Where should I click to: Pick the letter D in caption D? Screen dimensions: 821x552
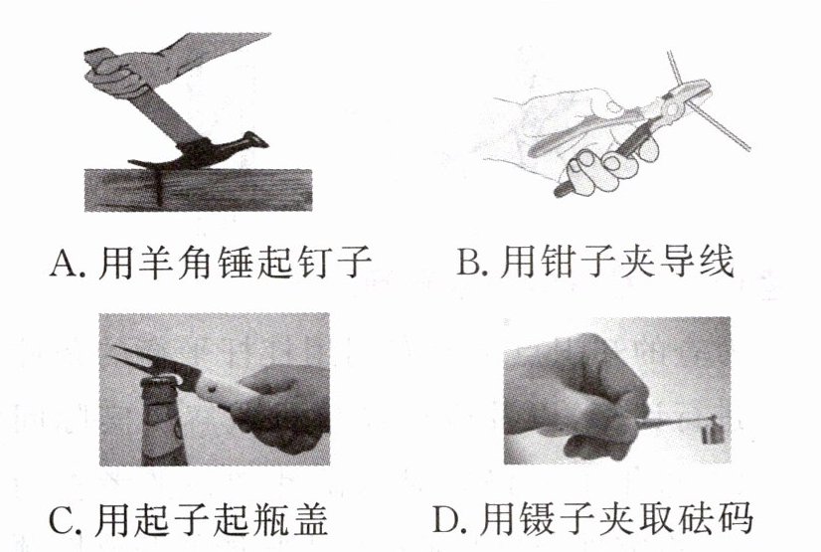[447, 518]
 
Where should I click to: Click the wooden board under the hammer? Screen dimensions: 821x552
[199, 190]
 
